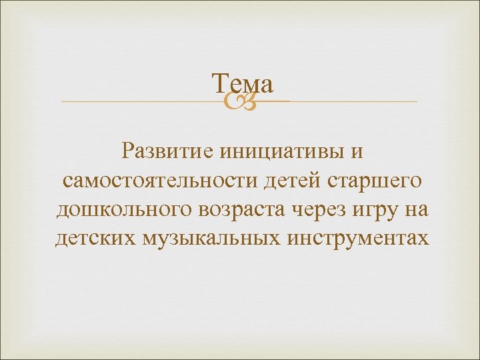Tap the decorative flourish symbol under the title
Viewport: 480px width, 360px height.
(239, 101)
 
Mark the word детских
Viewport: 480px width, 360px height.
(95, 239)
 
